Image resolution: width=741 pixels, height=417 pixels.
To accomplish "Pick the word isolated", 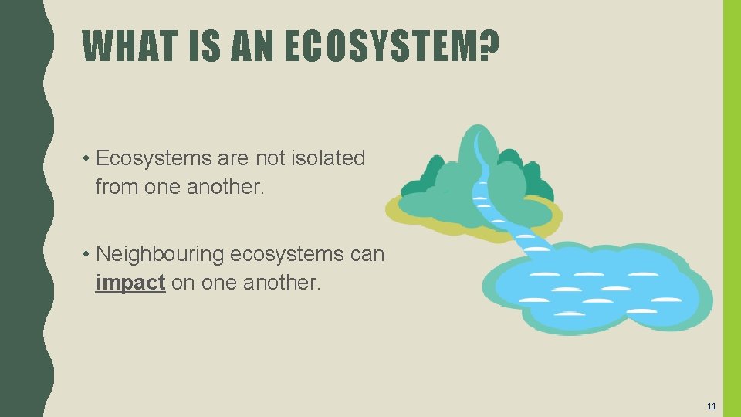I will pos(329,158).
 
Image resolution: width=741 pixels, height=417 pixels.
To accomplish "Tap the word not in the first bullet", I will pos(272,158).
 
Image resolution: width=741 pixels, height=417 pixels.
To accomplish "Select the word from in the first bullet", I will pos(113,187).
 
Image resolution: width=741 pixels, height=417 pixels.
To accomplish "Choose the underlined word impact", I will pos(130,283).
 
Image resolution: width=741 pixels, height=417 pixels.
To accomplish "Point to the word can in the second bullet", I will pos(367,254).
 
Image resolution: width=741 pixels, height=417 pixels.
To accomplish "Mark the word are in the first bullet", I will pos(234,158).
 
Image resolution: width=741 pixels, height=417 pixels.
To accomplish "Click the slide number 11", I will pos(712,405).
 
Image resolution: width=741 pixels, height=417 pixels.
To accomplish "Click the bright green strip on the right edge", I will pos(731,208).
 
